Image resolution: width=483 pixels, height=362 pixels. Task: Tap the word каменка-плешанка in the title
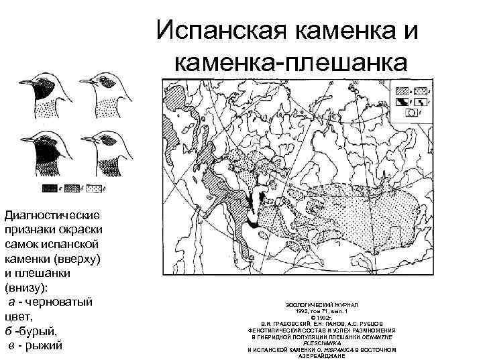pos(290,62)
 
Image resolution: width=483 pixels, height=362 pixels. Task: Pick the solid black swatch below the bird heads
pos(50,190)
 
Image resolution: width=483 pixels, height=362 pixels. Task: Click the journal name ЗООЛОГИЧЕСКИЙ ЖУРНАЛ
pos(322,304)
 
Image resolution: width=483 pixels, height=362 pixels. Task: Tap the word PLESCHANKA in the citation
pos(322,343)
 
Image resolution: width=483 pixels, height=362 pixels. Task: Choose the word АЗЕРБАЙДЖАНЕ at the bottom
pos(322,356)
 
